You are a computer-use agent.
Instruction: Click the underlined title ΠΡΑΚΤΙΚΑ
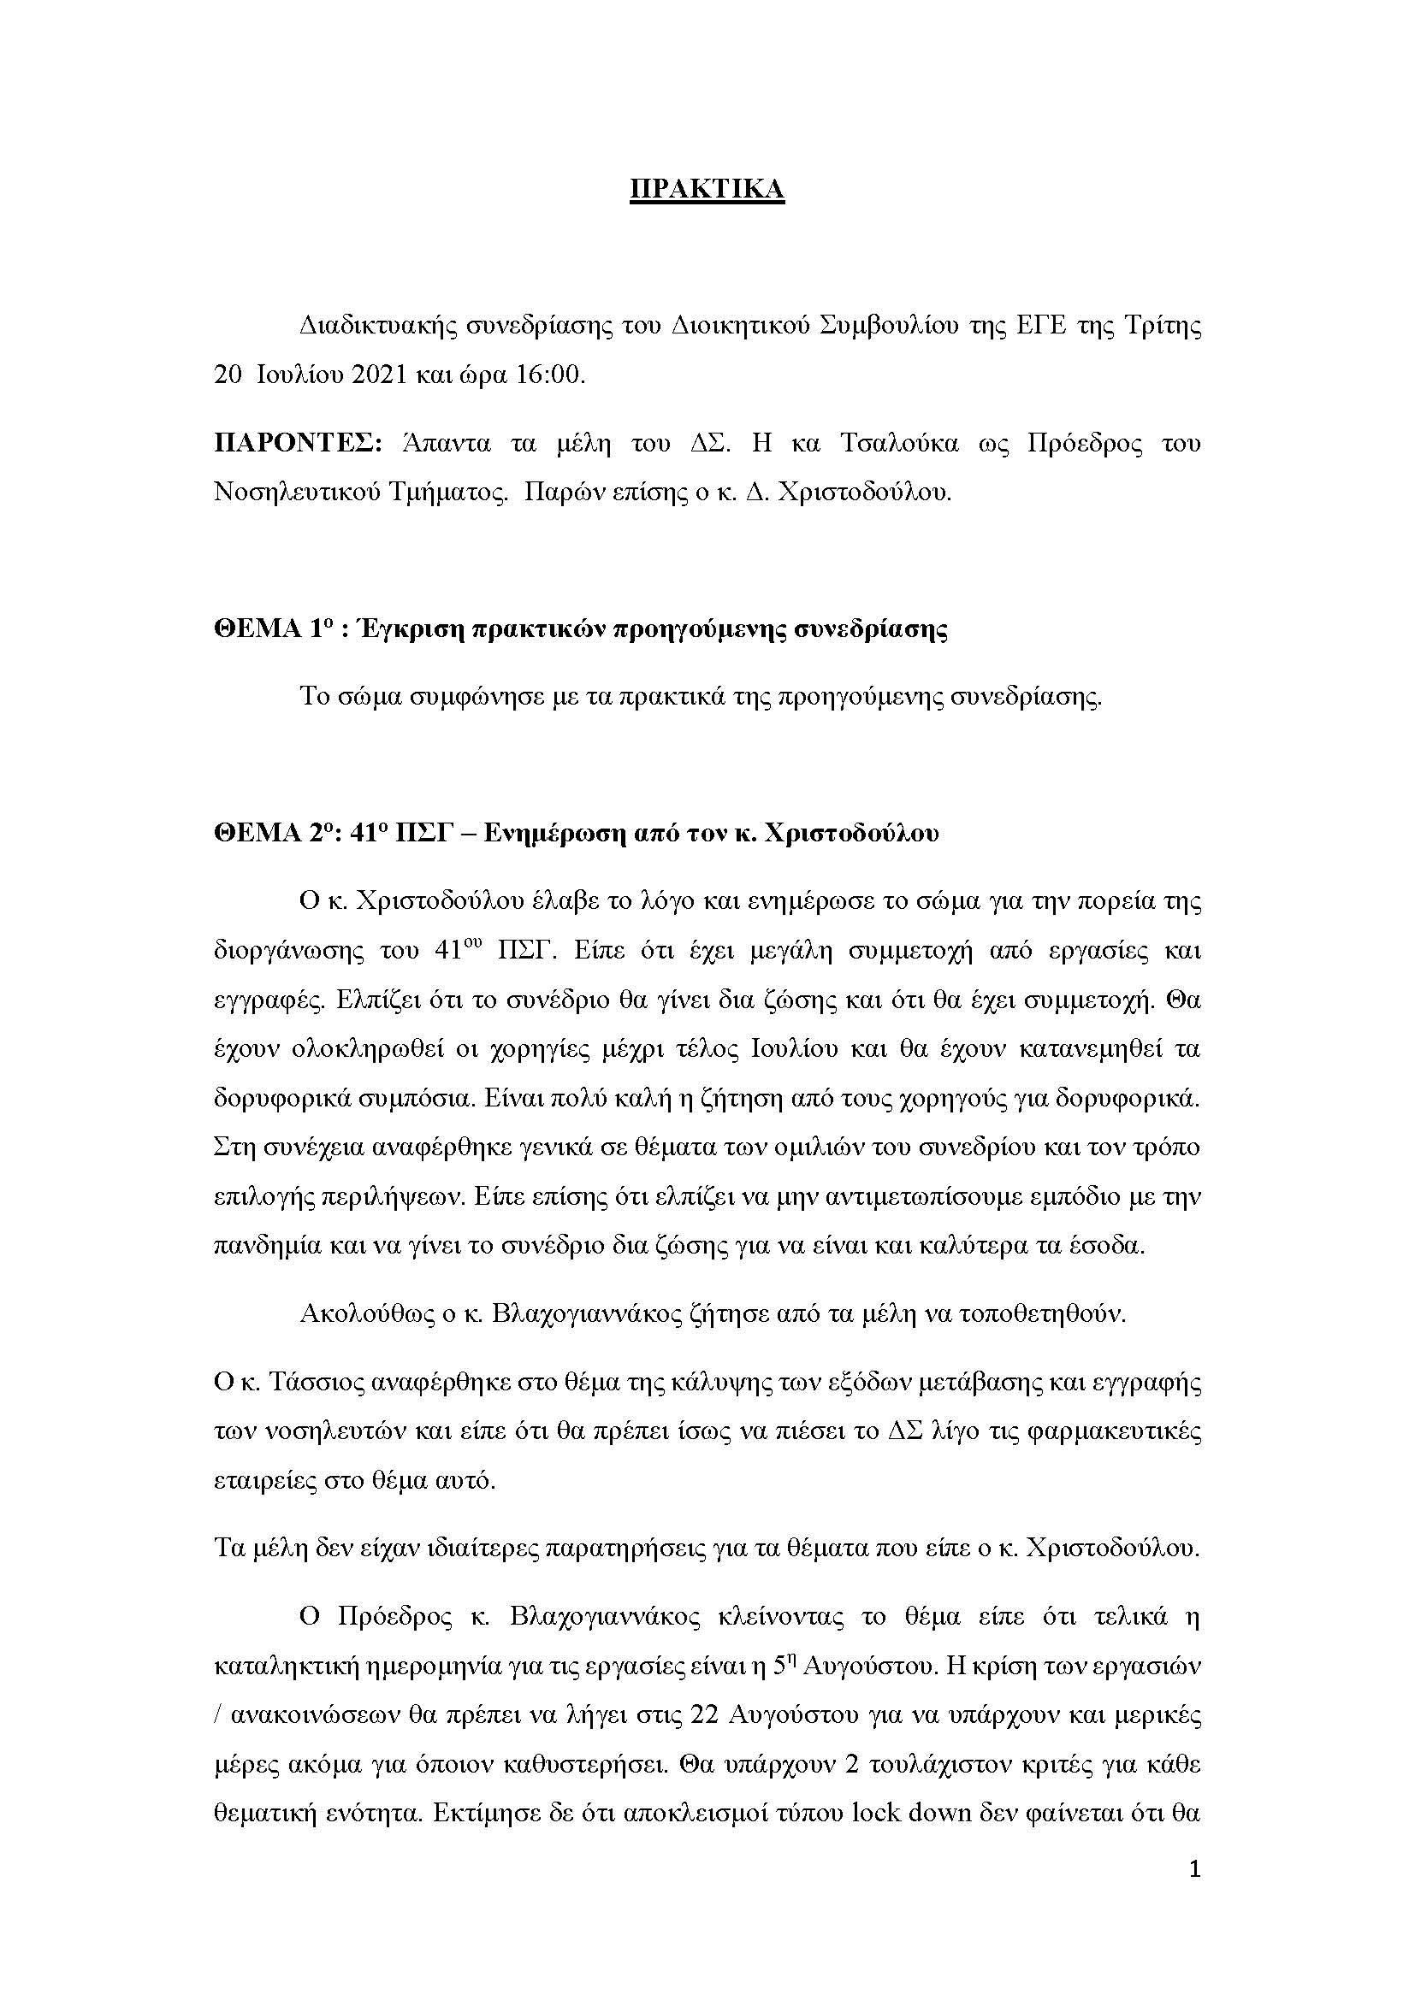[707, 190]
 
